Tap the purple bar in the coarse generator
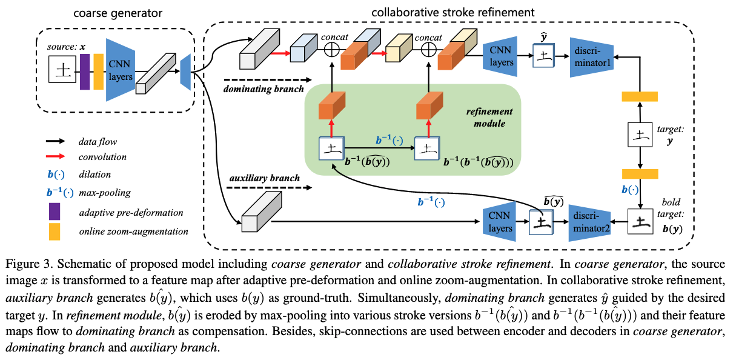(85, 72)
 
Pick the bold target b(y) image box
(640, 223)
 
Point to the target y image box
(640, 136)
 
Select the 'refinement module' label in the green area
(489, 118)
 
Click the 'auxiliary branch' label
(265, 179)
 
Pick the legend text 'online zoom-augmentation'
(133, 231)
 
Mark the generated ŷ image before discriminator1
(543, 56)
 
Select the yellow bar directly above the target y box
(640, 96)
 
